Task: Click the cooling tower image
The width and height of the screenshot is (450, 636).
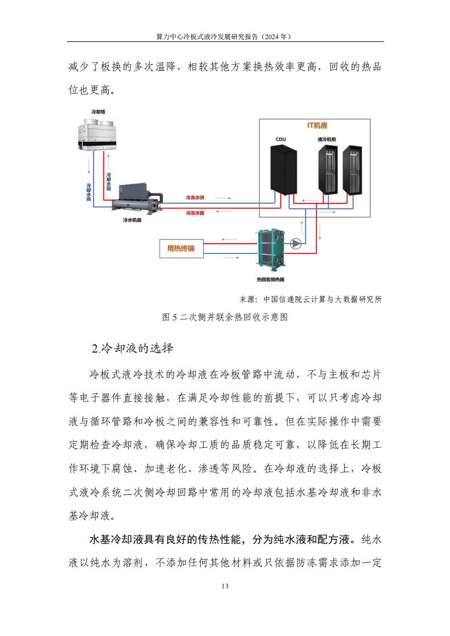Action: [97, 135]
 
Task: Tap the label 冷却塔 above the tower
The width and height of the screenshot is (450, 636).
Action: [98, 112]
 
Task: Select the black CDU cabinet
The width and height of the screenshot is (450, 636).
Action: [284, 169]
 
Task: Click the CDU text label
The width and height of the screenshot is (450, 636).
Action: [281, 139]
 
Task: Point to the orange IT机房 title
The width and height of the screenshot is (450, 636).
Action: [317, 125]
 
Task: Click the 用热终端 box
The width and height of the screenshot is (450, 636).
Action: [180, 248]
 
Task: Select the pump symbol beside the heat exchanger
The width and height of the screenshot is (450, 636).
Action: [296, 243]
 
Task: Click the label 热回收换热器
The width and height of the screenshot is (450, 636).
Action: [271, 279]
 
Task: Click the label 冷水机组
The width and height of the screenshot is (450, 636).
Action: [132, 221]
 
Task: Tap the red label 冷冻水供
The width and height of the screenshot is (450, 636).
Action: [195, 197]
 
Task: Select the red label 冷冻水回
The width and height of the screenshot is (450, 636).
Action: [195, 213]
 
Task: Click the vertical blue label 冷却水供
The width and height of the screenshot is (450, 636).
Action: [89, 192]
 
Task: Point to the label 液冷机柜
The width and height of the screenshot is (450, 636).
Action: [327, 139]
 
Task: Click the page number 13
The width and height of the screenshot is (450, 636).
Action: [225, 586]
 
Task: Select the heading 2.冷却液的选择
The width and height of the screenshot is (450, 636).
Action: [132, 348]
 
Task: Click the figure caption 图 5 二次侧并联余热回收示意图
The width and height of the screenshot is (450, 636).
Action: [225, 317]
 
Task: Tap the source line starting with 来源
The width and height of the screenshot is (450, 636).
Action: [310, 299]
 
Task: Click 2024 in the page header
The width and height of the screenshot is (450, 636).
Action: [272, 36]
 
